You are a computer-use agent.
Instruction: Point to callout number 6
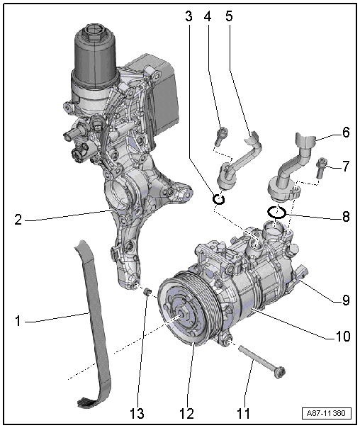coord(346,133)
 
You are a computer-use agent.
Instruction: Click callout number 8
coord(346,216)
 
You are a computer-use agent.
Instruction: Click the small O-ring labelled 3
coord(220,199)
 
